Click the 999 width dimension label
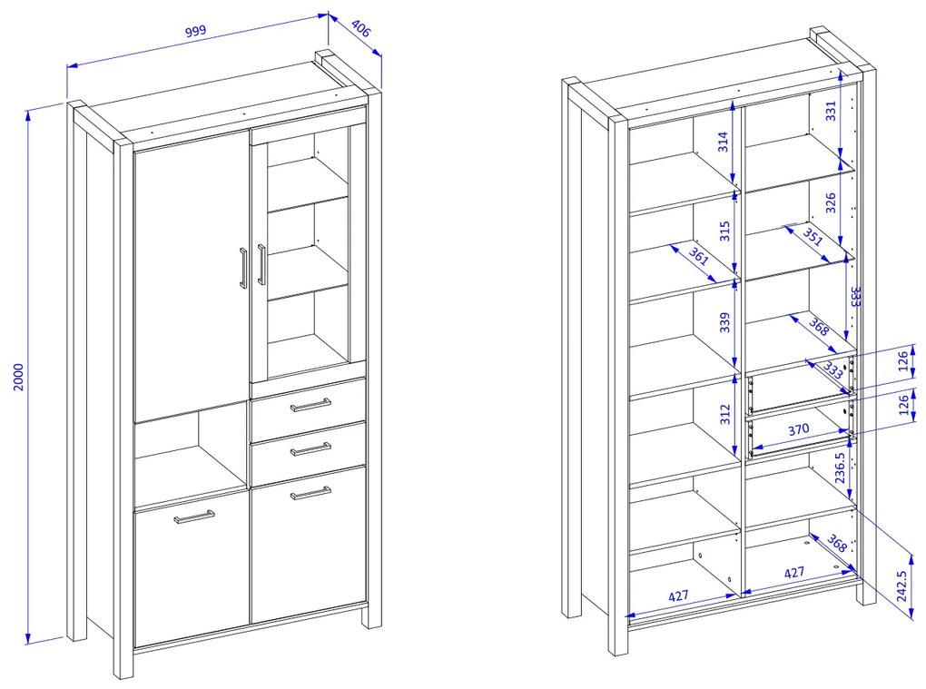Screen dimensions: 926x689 (196, 31)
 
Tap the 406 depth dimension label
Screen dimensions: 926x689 (360, 28)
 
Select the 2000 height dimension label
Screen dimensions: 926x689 (19, 377)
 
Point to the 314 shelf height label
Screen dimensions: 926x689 (724, 142)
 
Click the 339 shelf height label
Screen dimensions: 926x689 (725, 322)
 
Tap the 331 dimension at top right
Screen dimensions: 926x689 (831, 111)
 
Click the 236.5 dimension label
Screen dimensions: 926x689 (841, 468)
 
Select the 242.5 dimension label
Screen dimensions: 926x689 (901, 586)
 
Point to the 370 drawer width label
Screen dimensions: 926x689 (798, 429)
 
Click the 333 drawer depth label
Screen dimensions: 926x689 (832, 370)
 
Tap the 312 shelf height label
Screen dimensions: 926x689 (725, 414)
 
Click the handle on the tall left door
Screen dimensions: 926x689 (242, 268)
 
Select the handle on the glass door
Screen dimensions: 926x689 (261, 264)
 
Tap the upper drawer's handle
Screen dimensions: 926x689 (310, 405)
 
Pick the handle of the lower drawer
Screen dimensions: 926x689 (310, 449)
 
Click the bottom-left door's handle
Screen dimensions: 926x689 (194, 517)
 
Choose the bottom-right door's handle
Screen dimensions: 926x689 (310, 493)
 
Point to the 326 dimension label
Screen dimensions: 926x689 (831, 202)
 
